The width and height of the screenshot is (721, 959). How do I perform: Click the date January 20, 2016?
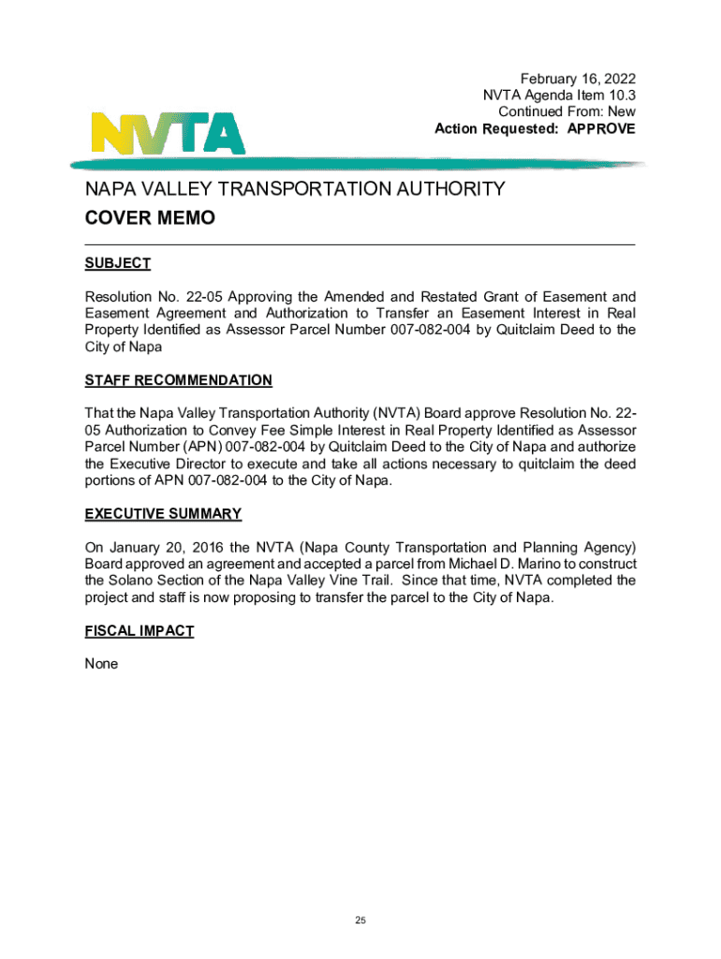pyautogui.click(x=167, y=547)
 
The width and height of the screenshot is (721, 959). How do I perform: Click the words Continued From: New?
pyautogui.click(x=566, y=111)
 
